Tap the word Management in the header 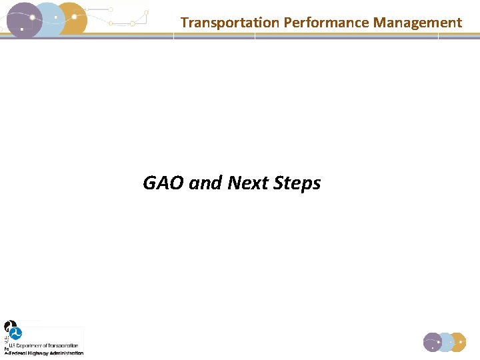[417, 23]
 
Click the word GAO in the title [163, 183]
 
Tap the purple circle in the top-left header [20, 20]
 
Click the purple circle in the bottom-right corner [433, 342]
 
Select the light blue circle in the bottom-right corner [445, 342]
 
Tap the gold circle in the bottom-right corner [457, 342]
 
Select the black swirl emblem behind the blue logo [9, 327]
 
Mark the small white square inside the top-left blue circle [55, 17]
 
